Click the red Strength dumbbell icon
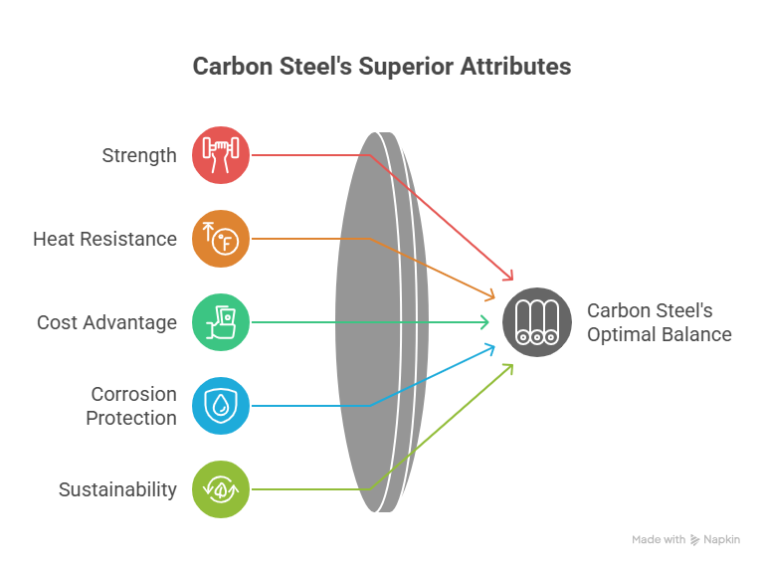[221, 155]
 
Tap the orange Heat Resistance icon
[221, 239]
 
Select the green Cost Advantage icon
[221, 322]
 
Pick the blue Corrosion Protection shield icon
[221, 406]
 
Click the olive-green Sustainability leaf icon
[221, 489]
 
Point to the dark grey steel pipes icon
[537, 322]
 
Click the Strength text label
[139, 156]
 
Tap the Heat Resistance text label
[104, 240]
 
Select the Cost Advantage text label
[106, 323]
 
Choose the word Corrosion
[133, 395]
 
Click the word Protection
[130, 418]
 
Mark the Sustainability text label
[117, 490]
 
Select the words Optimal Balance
[659, 335]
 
